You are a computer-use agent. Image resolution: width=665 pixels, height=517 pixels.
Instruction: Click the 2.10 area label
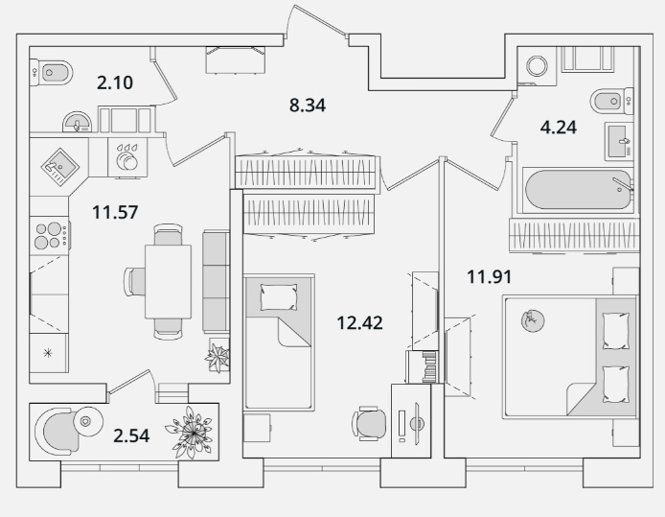(x=115, y=82)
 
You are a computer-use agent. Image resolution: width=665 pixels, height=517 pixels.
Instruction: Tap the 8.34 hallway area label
(x=308, y=106)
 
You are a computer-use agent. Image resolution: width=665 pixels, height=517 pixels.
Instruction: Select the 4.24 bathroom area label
(x=558, y=128)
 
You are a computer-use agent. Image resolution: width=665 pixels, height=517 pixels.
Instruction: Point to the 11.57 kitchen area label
(x=115, y=212)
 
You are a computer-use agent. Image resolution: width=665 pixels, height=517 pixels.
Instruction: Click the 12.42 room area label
(x=359, y=323)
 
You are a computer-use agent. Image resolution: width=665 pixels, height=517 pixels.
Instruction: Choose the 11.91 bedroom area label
(x=489, y=277)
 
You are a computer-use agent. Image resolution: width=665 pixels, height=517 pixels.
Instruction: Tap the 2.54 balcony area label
(x=131, y=435)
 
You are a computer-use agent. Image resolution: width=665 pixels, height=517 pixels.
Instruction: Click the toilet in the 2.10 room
(x=52, y=73)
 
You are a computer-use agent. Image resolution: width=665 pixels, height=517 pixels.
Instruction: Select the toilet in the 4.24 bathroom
(x=611, y=101)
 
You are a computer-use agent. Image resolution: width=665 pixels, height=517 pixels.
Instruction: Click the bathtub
(x=579, y=189)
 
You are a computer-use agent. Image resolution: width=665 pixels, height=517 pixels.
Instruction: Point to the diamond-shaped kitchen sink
(x=59, y=166)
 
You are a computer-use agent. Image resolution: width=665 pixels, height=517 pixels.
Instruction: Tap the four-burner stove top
(x=50, y=236)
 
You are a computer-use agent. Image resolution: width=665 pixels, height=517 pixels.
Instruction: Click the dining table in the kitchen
(x=168, y=281)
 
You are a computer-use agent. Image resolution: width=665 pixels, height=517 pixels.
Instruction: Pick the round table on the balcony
(x=88, y=421)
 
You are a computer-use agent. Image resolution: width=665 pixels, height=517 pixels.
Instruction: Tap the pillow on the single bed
(x=278, y=296)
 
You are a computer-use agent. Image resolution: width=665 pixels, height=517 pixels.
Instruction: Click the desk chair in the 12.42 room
(x=369, y=423)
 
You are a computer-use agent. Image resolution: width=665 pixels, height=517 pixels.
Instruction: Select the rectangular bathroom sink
(x=619, y=141)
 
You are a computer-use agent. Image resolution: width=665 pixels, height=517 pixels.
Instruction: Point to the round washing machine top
(x=537, y=66)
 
